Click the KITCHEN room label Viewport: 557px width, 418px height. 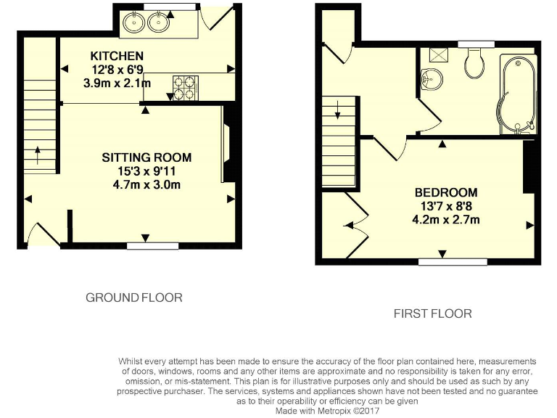point(117,56)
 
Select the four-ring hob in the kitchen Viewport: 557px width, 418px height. point(183,87)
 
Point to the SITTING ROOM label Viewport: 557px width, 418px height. point(147,157)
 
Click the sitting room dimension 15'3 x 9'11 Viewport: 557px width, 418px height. point(147,171)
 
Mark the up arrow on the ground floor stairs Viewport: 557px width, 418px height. point(38,155)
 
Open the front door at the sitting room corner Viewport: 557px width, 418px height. point(41,235)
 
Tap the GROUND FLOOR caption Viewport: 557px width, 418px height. point(133,298)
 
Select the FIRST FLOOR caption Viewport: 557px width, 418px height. point(432,313)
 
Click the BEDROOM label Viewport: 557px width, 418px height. point(446,192)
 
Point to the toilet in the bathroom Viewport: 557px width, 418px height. point(475,64)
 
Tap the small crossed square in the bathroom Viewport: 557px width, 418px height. point(437,54)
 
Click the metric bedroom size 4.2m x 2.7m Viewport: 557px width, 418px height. point(446,219)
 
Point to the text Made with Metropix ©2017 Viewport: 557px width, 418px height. point(328,410)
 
